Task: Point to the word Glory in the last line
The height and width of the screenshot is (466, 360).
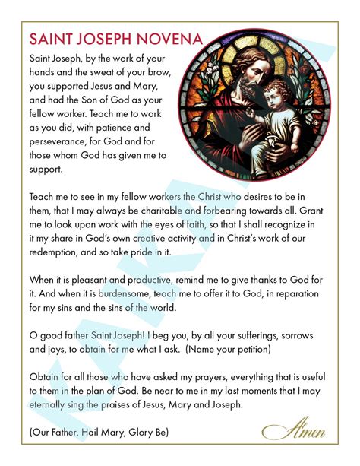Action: point(141,431)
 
